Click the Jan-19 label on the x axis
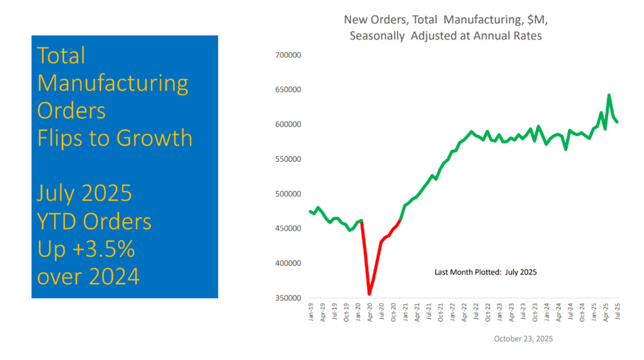coord(311,312)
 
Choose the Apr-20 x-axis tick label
coord(370,312)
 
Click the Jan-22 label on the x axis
coord(452,312)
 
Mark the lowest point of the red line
coord(369,294)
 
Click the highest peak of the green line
coord(609,95)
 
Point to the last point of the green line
coord(617,122)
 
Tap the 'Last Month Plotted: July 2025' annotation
coord(485,272)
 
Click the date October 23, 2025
coord(523,339)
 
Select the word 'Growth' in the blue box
coord(154,138)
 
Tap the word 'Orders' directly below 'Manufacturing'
coord(71,111)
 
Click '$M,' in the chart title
coord(533,20)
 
